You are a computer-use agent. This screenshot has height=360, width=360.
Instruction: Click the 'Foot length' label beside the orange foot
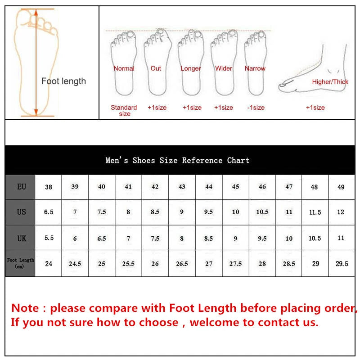click(x=63, y=81)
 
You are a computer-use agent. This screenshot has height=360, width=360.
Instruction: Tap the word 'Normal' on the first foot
click(x=124, y=68)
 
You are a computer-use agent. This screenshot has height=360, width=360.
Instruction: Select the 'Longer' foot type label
click(x=191, y=68)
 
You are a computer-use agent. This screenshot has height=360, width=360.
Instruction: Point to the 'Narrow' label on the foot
click(x=255, y=68)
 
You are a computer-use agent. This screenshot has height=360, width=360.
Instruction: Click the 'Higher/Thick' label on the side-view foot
click(x=330, y=82)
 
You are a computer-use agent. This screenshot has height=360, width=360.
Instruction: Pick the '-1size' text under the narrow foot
click(x=256, y=108)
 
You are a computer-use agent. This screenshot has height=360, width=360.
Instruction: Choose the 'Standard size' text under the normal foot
click(x=124, y=111)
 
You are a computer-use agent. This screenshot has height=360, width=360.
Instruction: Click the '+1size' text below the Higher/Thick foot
click(x=315, y=108)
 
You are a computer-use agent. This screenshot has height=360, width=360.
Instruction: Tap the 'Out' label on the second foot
click(x=156, y=68)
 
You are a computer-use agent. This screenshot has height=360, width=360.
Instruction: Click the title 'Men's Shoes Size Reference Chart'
click(x=177, y=160)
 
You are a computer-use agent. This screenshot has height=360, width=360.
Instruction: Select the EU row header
click(x=21, y=186)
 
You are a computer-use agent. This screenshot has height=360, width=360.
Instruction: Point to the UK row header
click(x=21, y=238)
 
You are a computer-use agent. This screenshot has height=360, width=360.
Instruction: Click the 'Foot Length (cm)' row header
click(x=20, y=263)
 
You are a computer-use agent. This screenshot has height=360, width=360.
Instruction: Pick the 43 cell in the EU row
click(x=182, y=186)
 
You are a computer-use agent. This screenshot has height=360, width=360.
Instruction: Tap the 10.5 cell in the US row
click(x=262, y=212)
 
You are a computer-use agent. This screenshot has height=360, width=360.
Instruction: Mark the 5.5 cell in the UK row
click(x=49, y=238)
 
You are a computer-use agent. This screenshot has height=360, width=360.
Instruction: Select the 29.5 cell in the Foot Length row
click(x=342, y=264)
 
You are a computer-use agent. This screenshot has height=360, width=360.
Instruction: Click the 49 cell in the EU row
click(x=341, y=187)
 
